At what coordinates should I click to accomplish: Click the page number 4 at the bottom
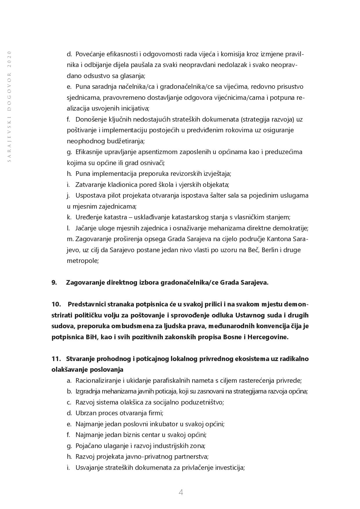[181, 492]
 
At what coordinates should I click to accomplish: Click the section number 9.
[54, 282]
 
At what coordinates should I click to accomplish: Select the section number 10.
[56, 304]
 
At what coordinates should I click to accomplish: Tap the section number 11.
[56, 359]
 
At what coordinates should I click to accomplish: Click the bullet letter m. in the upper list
[70, 239]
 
